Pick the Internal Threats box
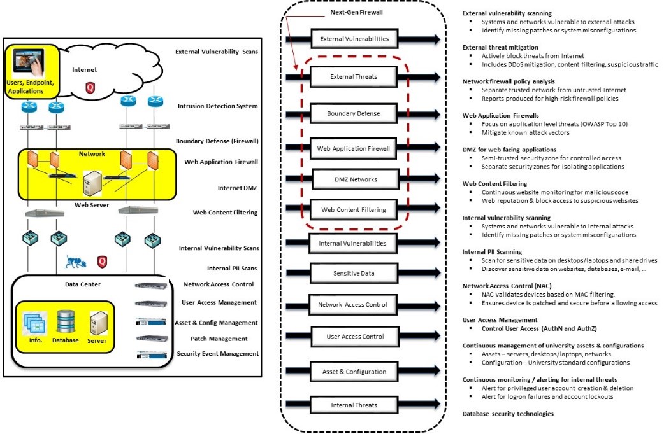[354, 405]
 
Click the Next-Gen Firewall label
[356, 12]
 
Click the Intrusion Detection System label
[219, 106]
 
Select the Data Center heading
[83, 284]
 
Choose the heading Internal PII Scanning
[492, 251]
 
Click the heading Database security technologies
[508, 414]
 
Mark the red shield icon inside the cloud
[90, 87]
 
